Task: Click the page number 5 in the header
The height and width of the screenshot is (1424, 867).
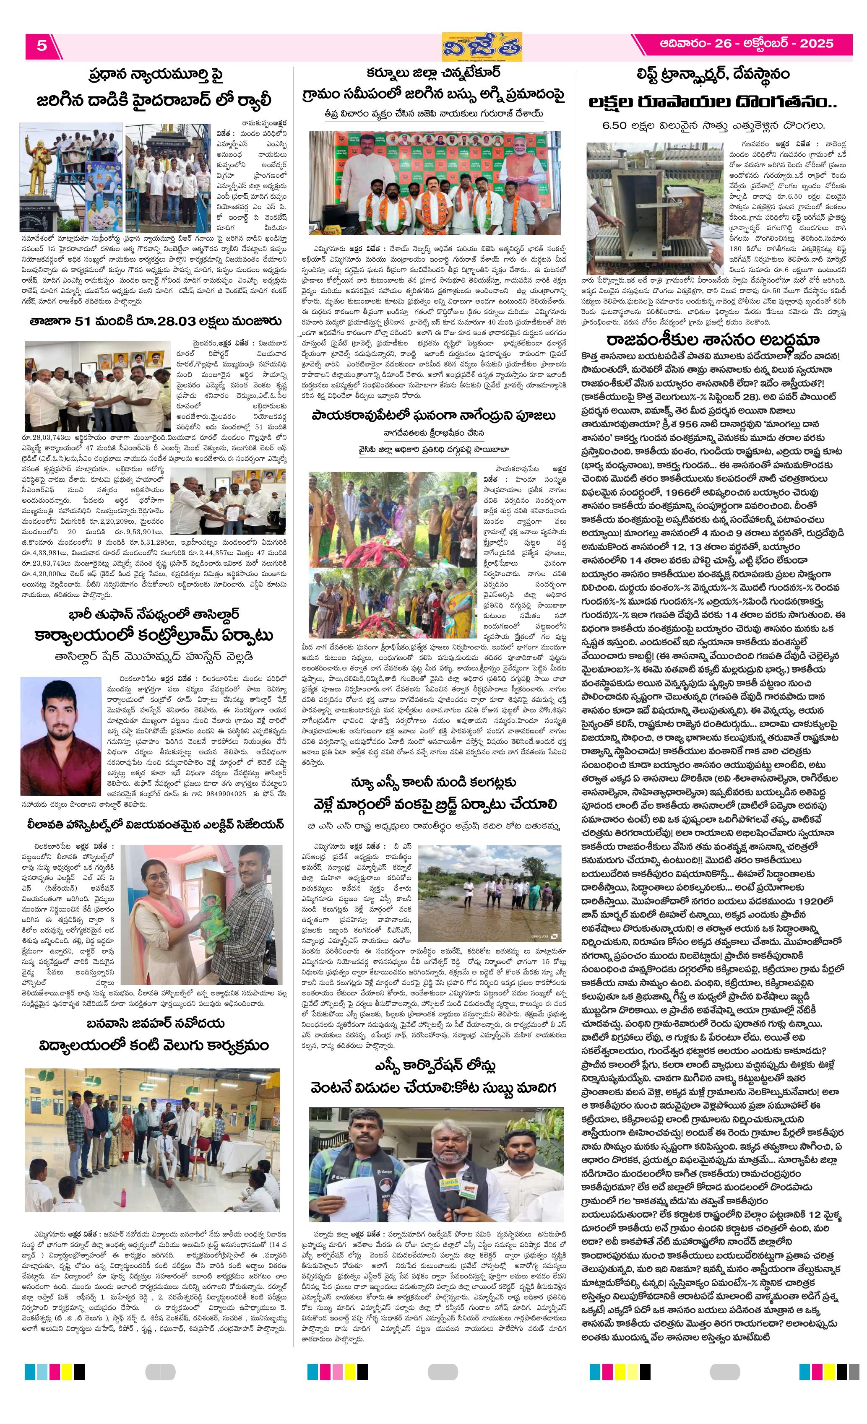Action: [41, 45]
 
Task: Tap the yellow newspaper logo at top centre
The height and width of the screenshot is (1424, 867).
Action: [482, 47]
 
